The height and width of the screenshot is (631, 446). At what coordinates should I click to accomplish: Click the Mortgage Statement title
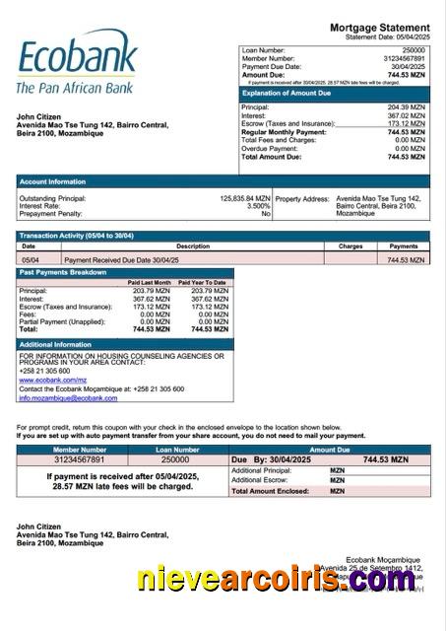[x=379, y=28]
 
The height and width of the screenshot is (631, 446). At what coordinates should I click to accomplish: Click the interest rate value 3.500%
[x=259, y=206]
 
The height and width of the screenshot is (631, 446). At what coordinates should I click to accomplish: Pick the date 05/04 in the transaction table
[x=31, y=259]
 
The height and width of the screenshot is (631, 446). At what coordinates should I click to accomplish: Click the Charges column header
[x=350, y=246]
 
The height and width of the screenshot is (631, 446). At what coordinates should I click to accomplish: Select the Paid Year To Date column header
[x=203, y=283]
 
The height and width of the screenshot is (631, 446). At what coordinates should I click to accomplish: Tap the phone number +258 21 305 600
[x=44, y=371]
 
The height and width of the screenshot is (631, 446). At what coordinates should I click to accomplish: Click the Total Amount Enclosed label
[x=268, y=490]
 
